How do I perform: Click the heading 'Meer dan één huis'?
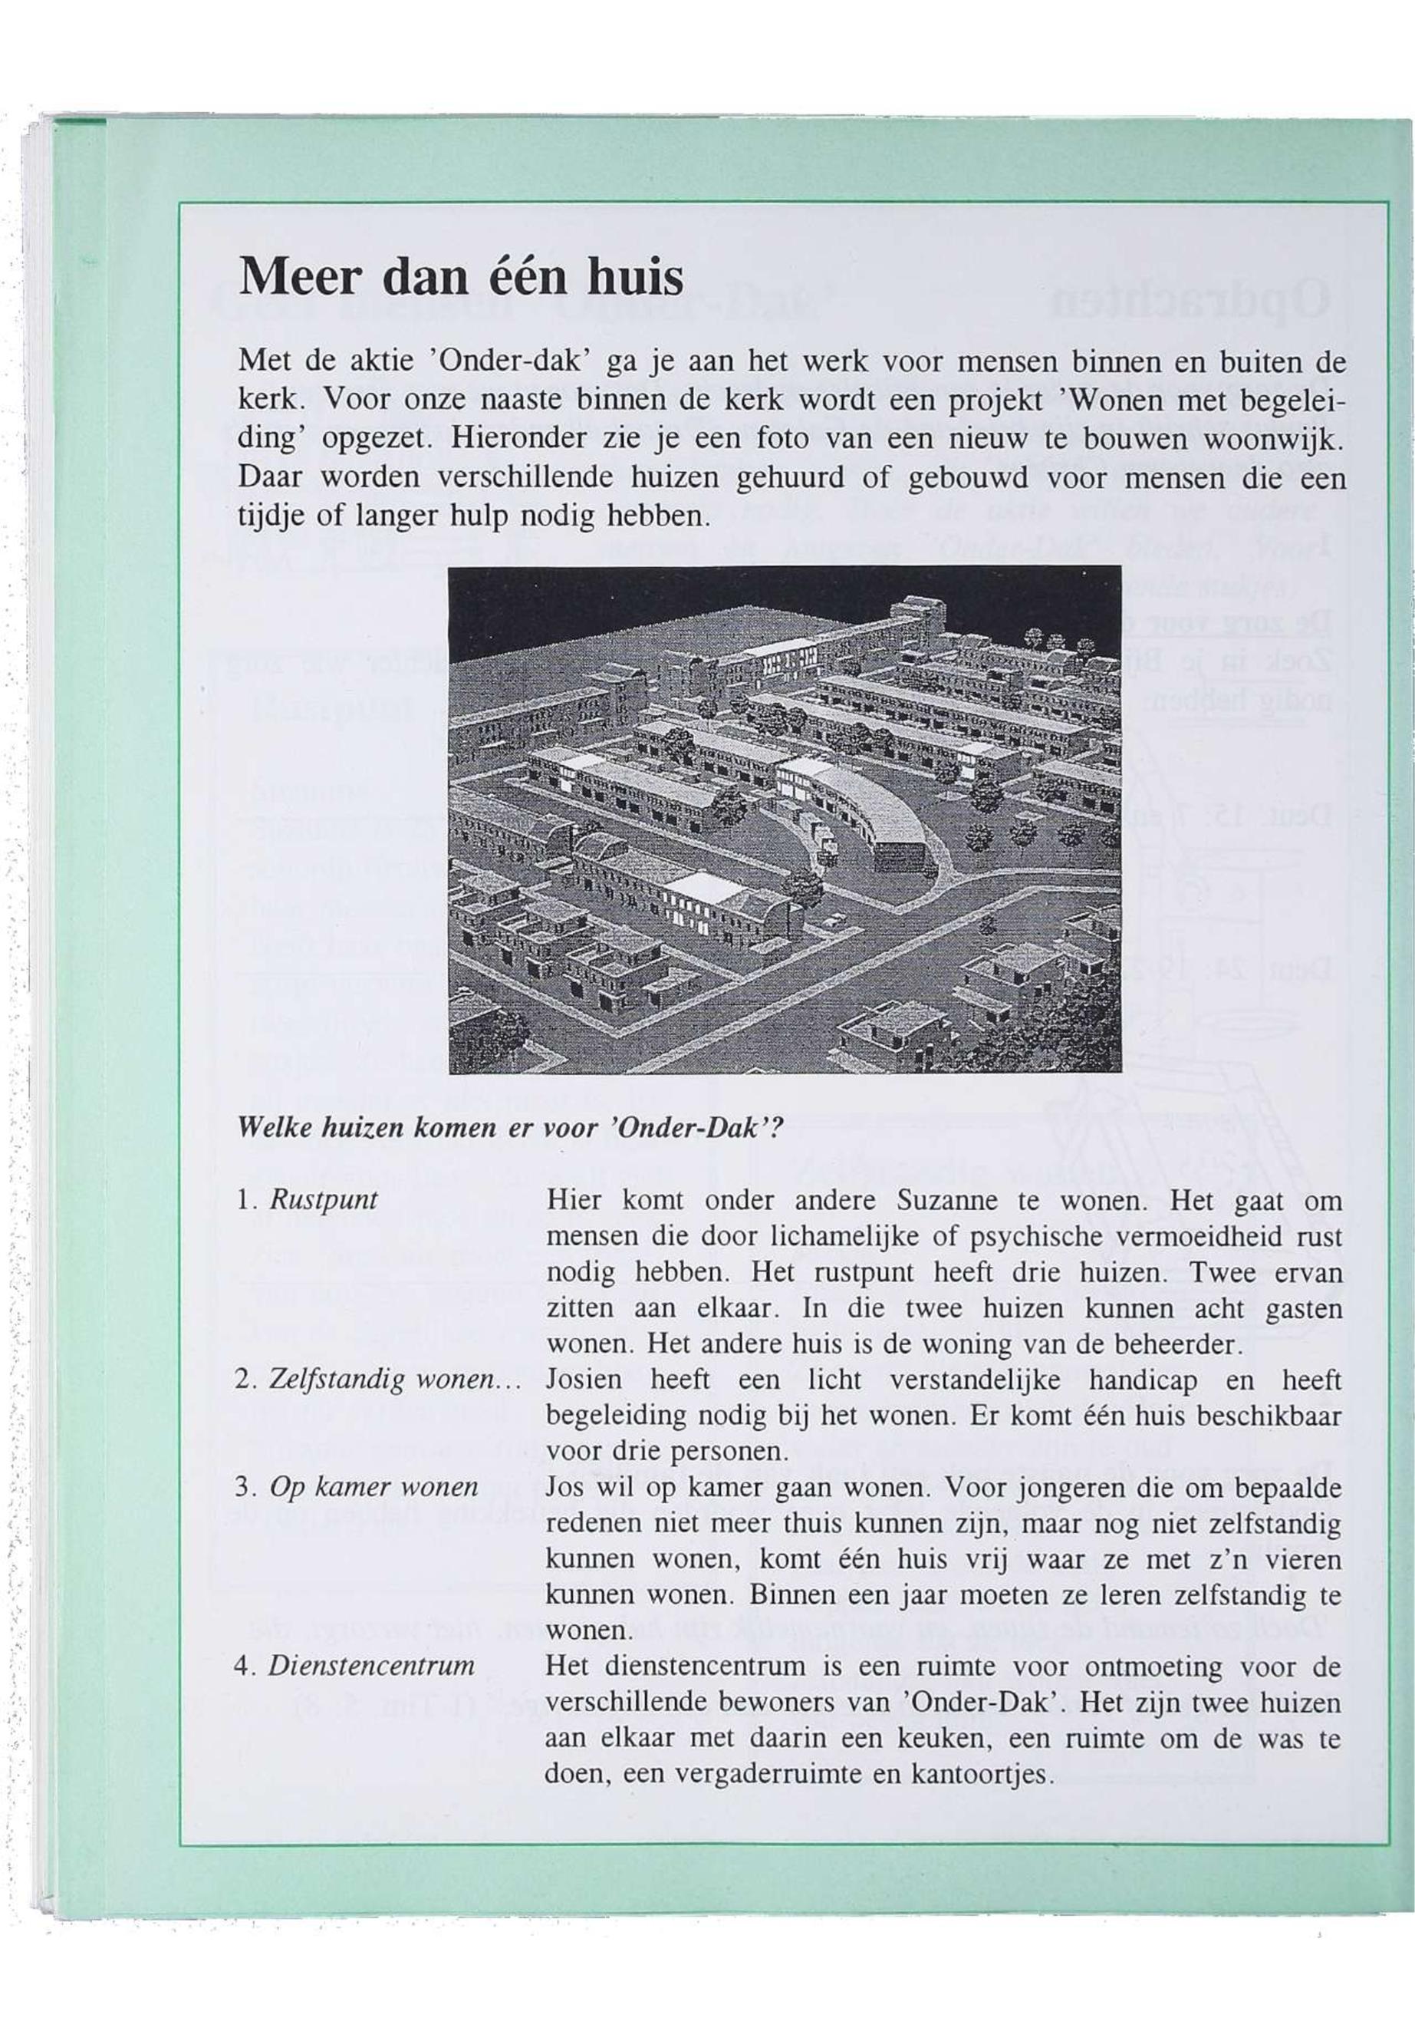pos(462,278)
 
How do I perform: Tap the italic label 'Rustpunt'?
pos(323,1201)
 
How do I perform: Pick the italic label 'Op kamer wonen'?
pos(373,1486)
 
